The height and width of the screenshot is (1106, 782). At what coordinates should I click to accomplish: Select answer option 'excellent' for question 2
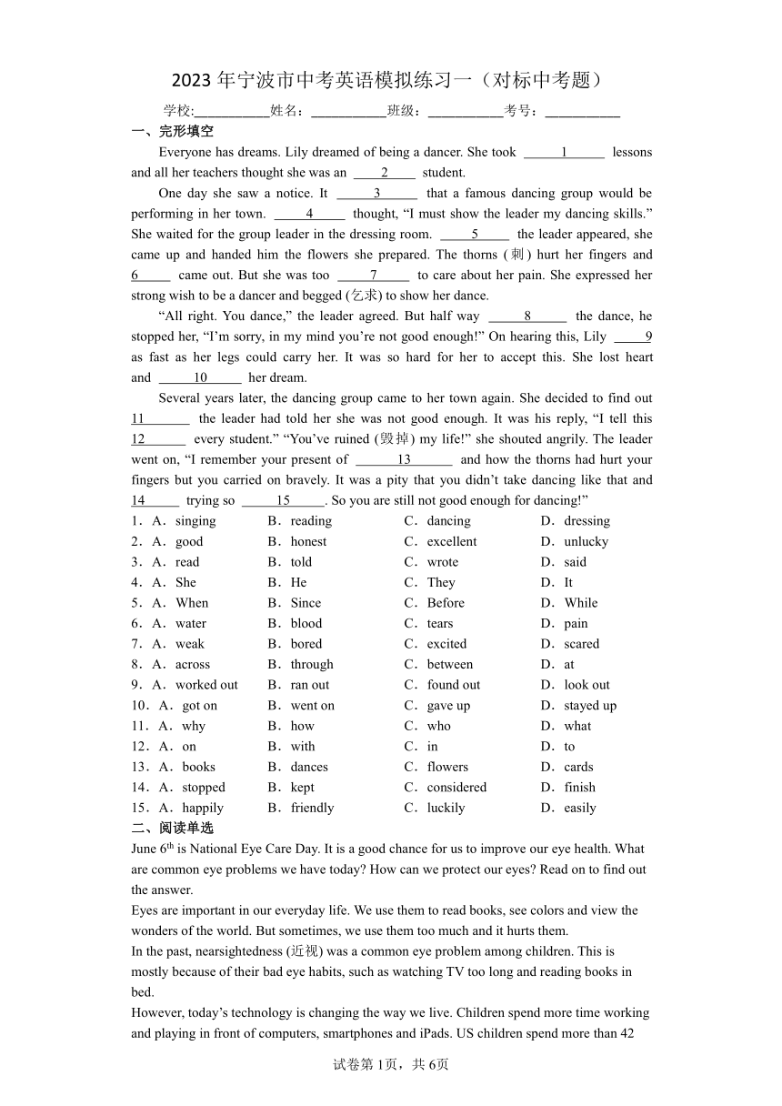tap(451, 541)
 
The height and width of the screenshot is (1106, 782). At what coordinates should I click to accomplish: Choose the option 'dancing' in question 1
tap(448, 521)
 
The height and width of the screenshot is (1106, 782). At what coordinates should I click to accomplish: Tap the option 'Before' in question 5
tap(446, 603)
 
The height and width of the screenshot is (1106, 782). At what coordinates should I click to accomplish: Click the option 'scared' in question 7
tap(581, 644)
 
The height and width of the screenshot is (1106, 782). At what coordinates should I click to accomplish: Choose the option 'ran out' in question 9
tap(310, 685)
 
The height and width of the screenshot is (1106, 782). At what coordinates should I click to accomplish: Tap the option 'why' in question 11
tap(194, 726)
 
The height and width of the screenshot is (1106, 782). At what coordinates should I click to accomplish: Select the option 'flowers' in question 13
tap(447, 767)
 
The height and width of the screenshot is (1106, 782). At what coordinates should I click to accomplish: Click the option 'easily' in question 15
tap(579, 808)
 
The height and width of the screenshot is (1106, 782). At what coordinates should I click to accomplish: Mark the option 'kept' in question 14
tap(302, 788)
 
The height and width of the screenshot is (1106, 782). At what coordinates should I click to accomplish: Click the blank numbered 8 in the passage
tap(527, 317)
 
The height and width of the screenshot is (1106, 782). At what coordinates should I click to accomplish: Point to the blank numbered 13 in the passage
tap(404, 460)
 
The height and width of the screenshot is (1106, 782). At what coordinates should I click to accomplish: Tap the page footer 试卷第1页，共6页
tap(391, 1064)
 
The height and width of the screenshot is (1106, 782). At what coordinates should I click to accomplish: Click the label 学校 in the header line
tap(178, 111)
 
